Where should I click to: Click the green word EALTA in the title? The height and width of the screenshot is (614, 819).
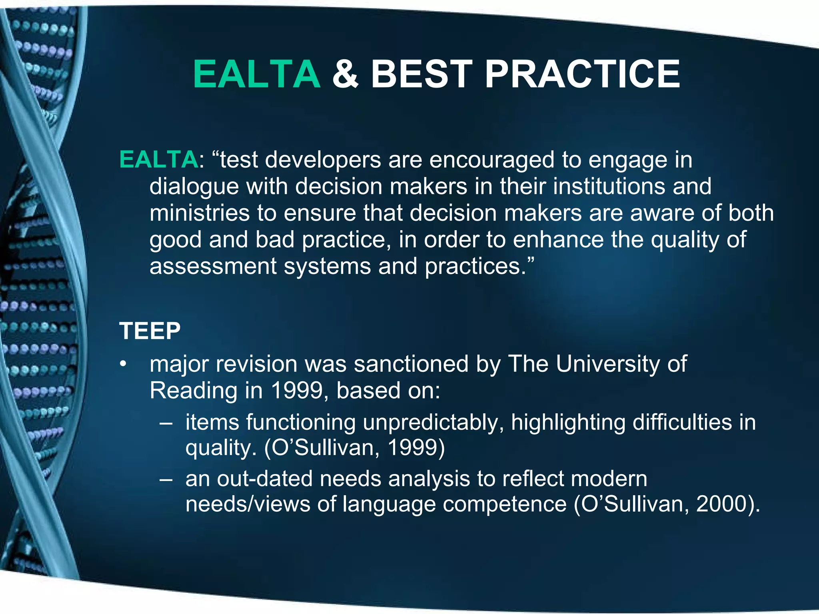point(257,74)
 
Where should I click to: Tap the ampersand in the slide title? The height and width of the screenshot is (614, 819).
point(346,74)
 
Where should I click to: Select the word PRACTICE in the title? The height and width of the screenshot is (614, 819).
point(582,74)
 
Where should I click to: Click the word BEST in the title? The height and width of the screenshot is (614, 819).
point(422,74)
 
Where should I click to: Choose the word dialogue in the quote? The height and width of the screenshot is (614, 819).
point(194,187)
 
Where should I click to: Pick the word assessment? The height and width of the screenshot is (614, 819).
point(213,266)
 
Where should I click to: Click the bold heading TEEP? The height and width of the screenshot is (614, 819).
point(150,331)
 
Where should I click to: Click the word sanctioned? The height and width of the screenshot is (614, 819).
point(411,364)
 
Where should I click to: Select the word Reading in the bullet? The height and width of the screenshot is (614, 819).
point(193,391)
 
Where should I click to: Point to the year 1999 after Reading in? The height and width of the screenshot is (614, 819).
point(296,390)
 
